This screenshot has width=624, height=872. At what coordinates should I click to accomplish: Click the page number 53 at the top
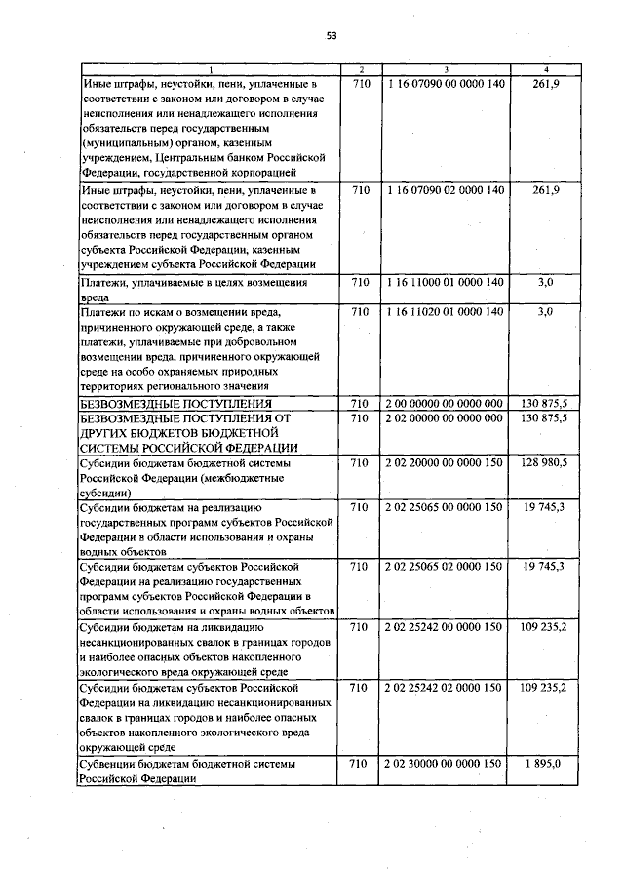331,36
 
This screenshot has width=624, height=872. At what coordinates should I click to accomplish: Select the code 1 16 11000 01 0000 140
446,282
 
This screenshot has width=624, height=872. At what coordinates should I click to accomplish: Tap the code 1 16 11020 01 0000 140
446,311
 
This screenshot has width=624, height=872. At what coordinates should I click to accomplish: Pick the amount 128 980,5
543,462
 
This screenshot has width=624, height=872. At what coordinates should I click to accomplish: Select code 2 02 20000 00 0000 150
446,462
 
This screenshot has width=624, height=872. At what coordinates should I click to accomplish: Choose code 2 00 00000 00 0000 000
446,403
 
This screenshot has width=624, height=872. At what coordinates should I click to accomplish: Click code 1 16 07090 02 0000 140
446,189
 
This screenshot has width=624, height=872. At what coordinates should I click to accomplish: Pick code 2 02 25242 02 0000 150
446,688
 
